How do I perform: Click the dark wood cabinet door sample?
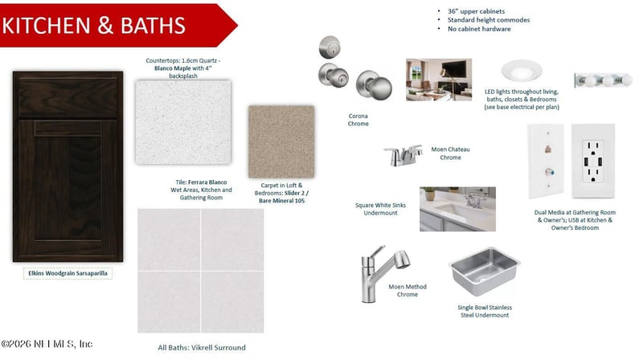68,166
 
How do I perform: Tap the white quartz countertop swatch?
183,122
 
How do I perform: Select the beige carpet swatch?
281,141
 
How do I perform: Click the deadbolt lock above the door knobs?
330,47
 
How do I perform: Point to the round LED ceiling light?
522,70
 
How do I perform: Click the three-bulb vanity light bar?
603,80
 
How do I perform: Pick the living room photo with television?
439,80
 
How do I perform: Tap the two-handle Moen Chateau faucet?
403,155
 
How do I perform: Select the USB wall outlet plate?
593,162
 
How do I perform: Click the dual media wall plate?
546,162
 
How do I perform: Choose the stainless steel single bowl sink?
485,272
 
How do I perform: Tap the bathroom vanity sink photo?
457,209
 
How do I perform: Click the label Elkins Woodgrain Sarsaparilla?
68,273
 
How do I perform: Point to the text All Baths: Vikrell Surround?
202,347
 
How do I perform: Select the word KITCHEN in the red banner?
46,25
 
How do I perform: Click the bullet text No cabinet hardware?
479,29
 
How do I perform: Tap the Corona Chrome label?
358,120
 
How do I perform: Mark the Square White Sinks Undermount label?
380,209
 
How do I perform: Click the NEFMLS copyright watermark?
47,344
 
